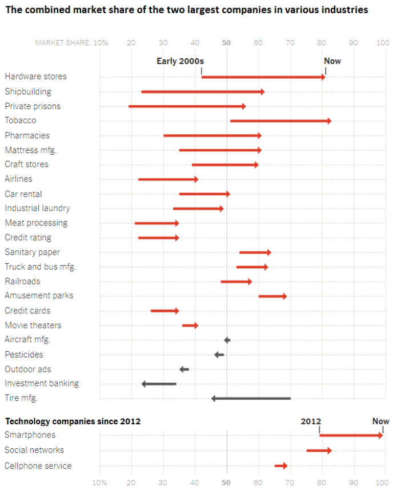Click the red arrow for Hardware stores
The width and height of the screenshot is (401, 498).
263,77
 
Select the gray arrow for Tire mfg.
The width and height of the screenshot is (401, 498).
251,398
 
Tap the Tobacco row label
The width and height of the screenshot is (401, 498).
21,121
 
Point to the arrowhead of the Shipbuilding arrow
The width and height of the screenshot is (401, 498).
262,91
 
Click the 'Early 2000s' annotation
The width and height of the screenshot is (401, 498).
180,61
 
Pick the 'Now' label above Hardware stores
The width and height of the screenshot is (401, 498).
332,61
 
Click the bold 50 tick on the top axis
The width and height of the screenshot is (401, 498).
226,43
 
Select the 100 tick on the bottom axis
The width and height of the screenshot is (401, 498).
383,483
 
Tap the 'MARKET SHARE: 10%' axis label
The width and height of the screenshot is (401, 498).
71,43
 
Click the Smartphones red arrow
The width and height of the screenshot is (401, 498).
351,435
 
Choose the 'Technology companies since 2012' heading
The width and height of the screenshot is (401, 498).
73,421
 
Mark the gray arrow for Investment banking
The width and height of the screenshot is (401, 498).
159,384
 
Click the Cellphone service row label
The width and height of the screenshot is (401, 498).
38,466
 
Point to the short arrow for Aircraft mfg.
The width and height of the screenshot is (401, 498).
227,340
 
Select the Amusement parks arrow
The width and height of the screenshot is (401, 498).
272,296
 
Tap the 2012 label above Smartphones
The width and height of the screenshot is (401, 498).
311,421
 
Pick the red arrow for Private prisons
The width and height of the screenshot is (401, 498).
187,106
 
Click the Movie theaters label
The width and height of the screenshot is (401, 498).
33,326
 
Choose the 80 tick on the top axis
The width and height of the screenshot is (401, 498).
322,43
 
